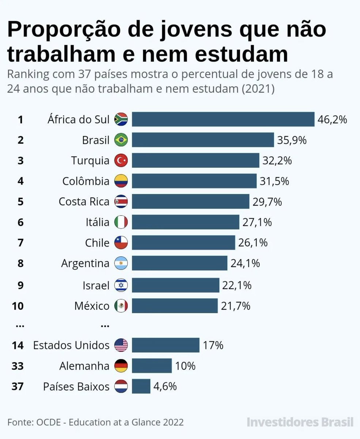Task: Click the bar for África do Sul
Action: (x=223, y=119)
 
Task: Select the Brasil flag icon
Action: (x=121, y=140)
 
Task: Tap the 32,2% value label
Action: (x=276, y=160)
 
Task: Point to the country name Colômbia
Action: (x=86, y=181)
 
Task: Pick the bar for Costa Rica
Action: (x=190, y=202)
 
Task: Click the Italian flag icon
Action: (x=121, y=222)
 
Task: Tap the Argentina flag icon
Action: (x=121, y=263)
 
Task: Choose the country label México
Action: (x=92, y=306)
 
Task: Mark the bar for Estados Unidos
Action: (x=166, y=345)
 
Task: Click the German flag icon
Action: (x=121, y=365)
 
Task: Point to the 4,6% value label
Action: (x=165, y=386)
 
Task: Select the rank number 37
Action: (x=17, y=386)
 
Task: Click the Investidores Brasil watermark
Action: (x=300, y=422)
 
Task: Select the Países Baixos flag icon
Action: (x=121, y=386)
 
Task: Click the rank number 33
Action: (x=17, y=365)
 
